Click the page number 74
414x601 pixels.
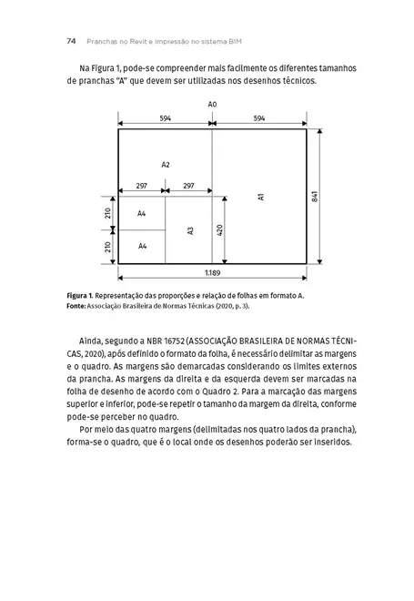click(71, 40)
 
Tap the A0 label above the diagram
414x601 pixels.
click(212, 106)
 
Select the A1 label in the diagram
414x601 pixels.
click(260, 197)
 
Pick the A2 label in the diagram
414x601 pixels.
click(165, 165)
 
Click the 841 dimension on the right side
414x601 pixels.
click(314, 197)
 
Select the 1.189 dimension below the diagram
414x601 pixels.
click(211, 272)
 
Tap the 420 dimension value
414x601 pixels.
click(219, 229)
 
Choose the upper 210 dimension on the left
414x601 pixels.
click(107, 213)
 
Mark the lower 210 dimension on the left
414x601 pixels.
click(107, 247)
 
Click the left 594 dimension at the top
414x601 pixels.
click(165, 119)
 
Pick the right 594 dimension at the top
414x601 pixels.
click(259, 119)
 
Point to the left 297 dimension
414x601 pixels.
click(141, 185)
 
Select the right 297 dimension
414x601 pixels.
click(188, 185)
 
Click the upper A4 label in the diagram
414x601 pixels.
click(142, 213)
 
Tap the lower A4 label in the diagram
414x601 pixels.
click(142, 247)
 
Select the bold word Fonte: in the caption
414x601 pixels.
click(80, 308)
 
